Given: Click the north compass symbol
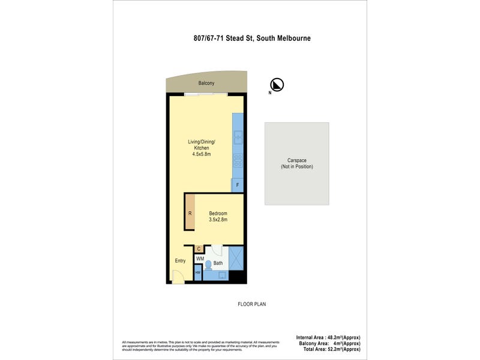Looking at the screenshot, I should click(x=278, y=85).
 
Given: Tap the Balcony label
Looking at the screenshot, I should click(x=206, y=83).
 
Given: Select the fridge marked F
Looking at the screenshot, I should click(x=238, y=185).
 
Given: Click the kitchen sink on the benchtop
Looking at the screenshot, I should click(x=238, y=137).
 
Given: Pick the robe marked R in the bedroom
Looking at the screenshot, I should click(x=190, y=213).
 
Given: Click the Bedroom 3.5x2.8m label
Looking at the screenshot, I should click(x=217, y=217).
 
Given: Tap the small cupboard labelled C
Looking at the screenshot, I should click(x=199, y=248).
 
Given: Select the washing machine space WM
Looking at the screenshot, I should click(x=200, y=259).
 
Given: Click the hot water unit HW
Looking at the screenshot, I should click(x=198, y=273).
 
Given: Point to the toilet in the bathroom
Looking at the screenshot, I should click(x=208, y=264).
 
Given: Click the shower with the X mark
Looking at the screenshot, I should click(x=236, y=259).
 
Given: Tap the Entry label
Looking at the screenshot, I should click(x=180, y=260).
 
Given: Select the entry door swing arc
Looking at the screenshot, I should click(x=178, y=277).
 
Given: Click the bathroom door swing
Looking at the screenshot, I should click(x=217, y=251).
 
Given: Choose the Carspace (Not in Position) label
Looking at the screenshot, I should click(x=297, y=164).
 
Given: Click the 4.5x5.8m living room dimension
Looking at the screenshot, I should click(x=201, y=154).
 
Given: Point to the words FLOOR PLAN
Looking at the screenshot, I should click(x=252, y=304).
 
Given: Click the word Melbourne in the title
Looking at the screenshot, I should click(x=290, y=38).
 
